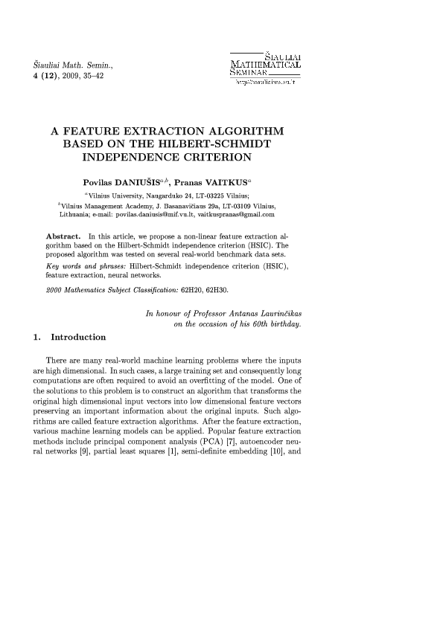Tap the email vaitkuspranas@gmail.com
(232, 215)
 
